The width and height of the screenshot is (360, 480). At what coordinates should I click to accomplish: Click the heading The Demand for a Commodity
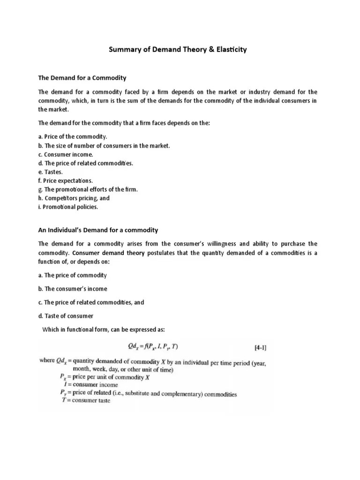coord(82,77)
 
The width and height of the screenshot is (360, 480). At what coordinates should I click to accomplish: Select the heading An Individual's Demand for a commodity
coord(98,230)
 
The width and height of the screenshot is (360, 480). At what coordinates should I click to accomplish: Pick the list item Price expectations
coord(66,180)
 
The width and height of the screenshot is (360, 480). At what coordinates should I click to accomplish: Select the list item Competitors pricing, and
coord(74,198)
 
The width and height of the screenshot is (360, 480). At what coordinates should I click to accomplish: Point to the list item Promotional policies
coord(68,207)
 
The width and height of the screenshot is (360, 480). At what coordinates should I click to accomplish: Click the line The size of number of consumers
coord(104,145)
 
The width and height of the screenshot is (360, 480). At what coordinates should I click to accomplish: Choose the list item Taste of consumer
coord(66,316)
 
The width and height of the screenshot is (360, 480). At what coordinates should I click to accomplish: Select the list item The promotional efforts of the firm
coord(88,189)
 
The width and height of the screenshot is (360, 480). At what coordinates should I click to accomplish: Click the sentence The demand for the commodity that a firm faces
coord(118,123)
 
